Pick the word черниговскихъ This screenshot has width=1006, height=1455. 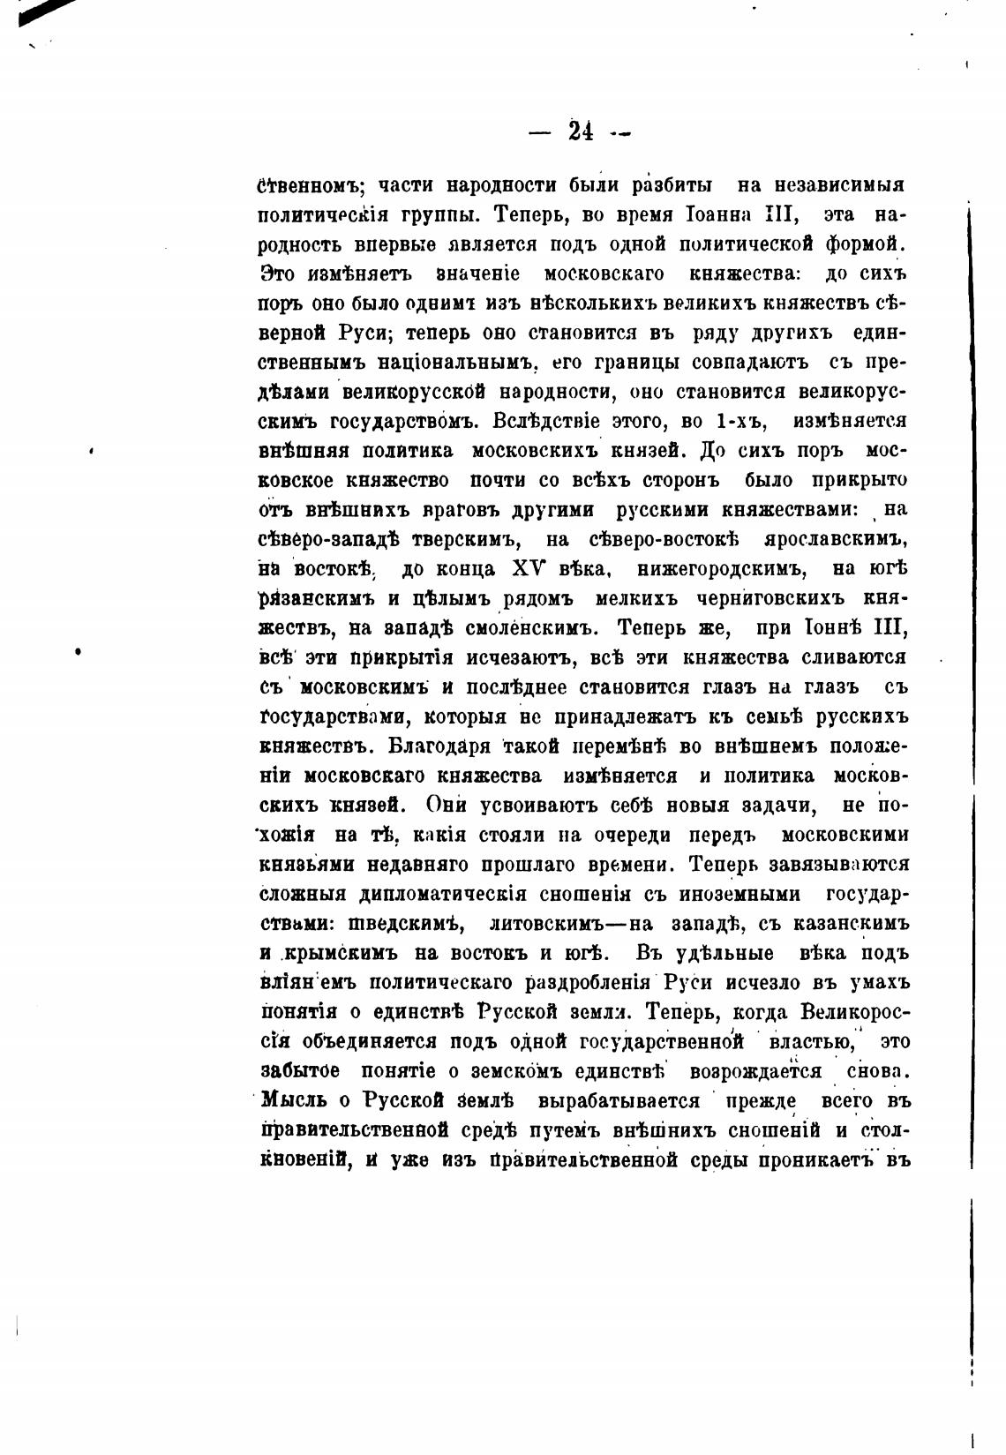click(754, 599)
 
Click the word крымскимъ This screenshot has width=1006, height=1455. click(345, 954)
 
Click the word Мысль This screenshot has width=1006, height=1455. click(292, 1101)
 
